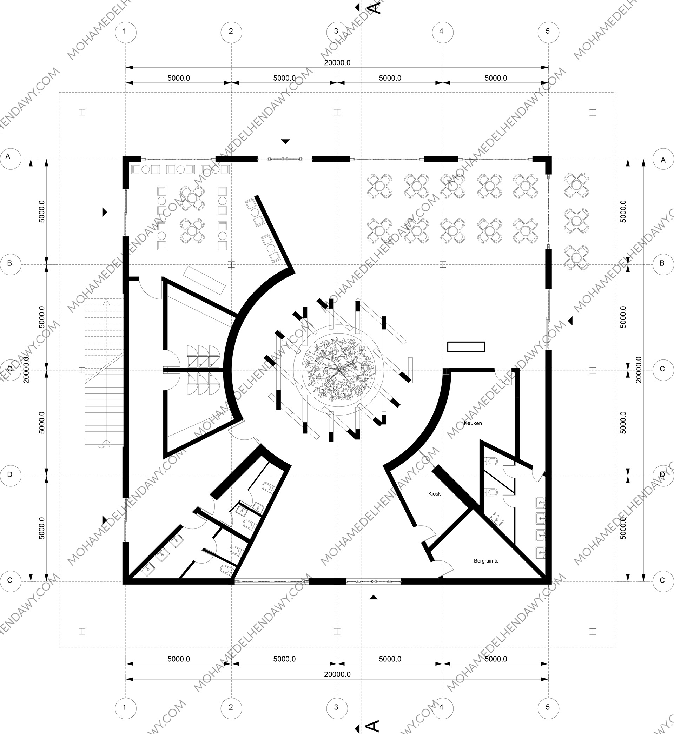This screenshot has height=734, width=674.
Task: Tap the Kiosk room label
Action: (434, 494)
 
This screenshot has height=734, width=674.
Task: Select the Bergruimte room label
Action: (486, 561)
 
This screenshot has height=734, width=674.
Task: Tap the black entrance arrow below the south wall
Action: (374, 597)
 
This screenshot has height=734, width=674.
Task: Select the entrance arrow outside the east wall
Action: (570, 321)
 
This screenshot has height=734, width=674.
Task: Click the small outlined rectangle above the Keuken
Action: (466, 347)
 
